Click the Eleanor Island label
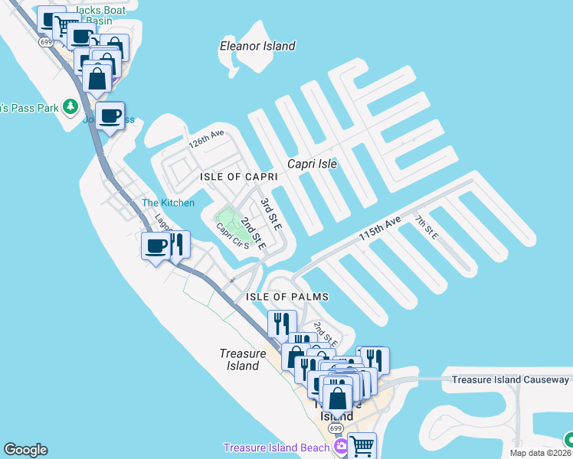[x=257, y=46]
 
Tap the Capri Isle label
[x=312, y=164]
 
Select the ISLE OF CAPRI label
[x=238, y=177]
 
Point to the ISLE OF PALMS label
[x=287, y=297]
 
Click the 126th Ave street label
[x=207, y=138]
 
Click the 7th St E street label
[x=426, y=227]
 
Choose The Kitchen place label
[x=169, y=203]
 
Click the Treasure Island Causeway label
[x=510, y=379]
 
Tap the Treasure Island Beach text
[x=275, y=448]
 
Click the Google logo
[x=25, y=450]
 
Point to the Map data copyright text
[x=541, y=453]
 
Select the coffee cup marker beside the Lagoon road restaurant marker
[x=156, y=246]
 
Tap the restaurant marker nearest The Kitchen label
[x=178, y=245]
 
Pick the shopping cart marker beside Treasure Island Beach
[x=362, y=444]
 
